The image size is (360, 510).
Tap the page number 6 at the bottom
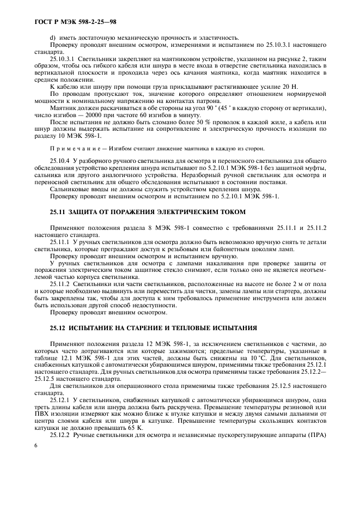[35, 445]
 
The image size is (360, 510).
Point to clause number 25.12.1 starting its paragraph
[62, 399]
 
